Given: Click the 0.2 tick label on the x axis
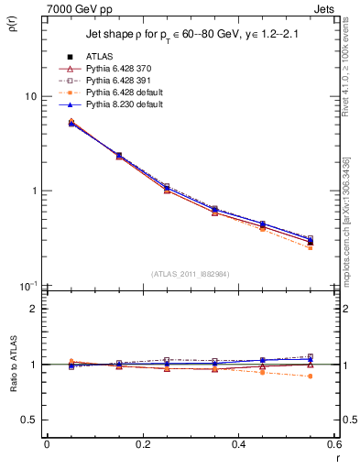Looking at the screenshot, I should click(142, 444).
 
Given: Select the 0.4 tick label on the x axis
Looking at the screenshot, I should click(238, 444).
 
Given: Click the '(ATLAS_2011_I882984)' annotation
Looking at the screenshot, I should click(189, 274).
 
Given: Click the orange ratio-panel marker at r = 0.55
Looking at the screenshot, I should click(311, 376).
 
